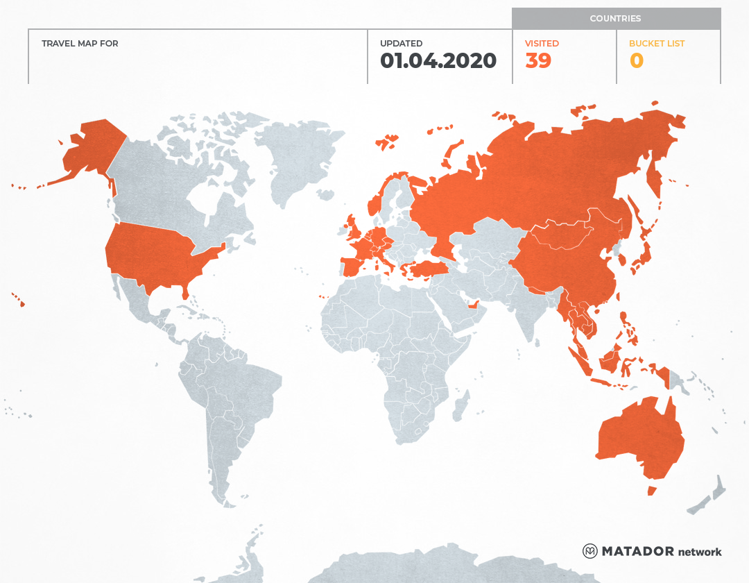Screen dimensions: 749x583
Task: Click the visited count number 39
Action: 538,61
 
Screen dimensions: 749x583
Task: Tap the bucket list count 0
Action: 636,61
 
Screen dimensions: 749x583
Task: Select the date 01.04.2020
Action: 438,61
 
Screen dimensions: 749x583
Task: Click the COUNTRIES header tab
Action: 615,19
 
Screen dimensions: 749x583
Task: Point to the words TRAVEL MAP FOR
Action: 80,44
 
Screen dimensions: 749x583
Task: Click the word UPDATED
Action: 401,44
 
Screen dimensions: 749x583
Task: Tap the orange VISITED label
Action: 542,44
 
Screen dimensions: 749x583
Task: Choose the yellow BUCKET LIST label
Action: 656,44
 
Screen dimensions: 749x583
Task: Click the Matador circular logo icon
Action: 590,551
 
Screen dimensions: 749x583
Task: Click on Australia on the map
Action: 638,437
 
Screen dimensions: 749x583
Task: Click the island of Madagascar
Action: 460,405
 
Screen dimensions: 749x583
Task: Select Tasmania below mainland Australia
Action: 651,491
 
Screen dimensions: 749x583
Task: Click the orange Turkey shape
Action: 427,270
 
